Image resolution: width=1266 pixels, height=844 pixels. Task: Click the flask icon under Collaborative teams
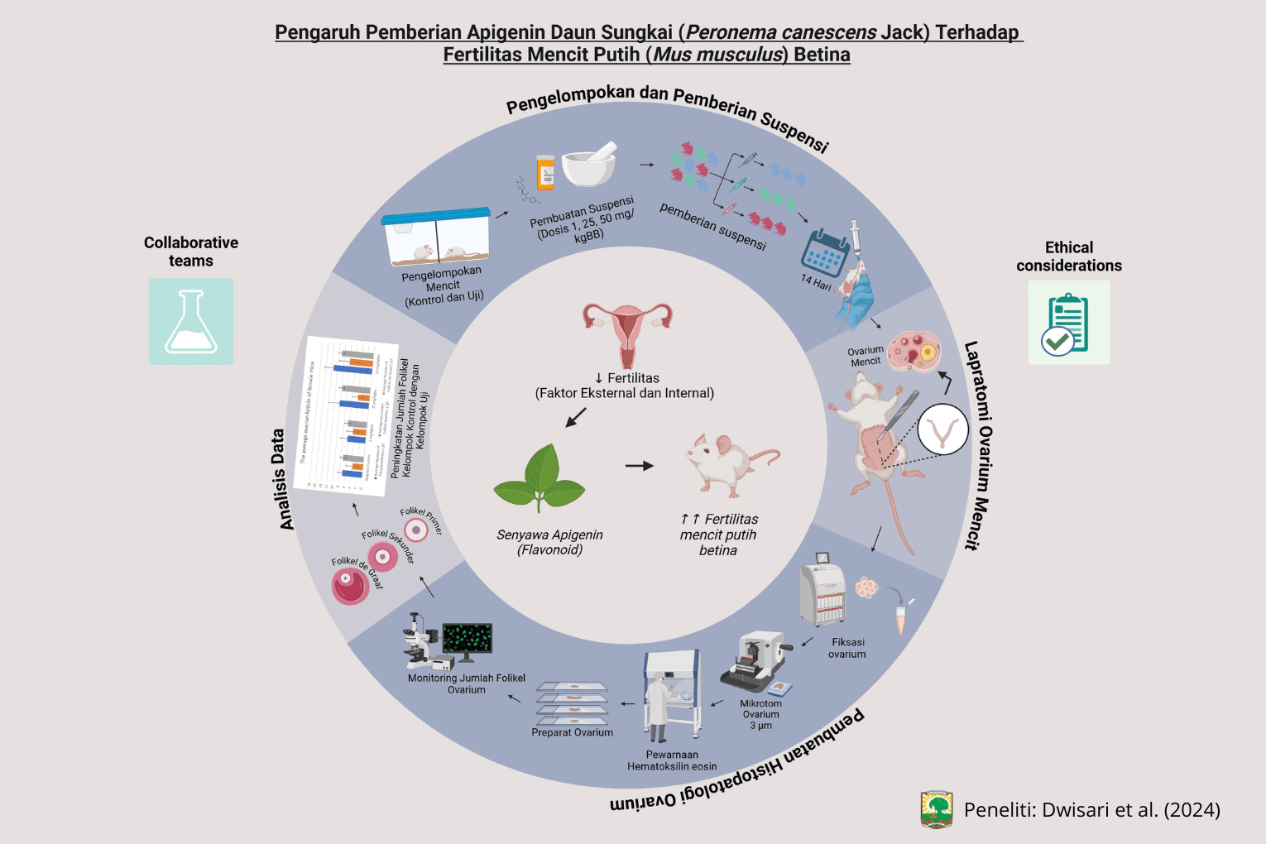pyautogui.click(x=191, y=322)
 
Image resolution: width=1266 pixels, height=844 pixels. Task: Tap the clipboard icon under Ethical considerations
pyautogui.click(x=1068, y=323)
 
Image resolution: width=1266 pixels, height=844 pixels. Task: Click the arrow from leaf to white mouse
pyautogui.click(x=639, y=466)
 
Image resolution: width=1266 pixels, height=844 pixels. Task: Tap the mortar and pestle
pyautogui.click(x=590, y=165)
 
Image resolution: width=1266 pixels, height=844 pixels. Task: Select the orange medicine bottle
pyautogui.click(x=545, y=172)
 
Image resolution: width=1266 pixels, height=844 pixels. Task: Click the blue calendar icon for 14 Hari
pyautogui.click(x=824, y=252)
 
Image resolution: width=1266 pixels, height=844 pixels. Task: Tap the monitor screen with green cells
pyautogui.click(x=468, y=639)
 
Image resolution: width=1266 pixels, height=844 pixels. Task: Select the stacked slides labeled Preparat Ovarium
pyautogui.click(x=572, y=703)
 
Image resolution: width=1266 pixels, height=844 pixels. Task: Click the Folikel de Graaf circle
pyautogui.click(x=350, y=587)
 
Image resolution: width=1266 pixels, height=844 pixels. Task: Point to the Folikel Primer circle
pyautogui.click(x=415, y=530)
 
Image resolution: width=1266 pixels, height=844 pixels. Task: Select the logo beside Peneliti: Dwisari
pyautogui.click(x=937, y=809)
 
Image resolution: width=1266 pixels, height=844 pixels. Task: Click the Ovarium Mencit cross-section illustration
pyautogui.click(x=914, y=352)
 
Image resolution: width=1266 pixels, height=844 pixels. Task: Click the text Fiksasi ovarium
pyautogui.click(x=847, y=648)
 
